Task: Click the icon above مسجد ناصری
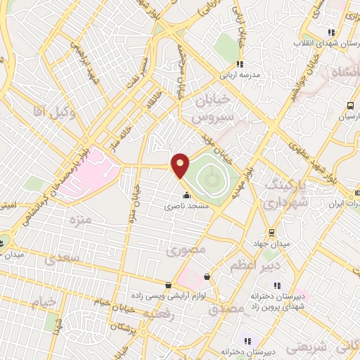(186, 195)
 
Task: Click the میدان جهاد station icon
(271, 233)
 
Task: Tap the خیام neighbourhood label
(41, 301)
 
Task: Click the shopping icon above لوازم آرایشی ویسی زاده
(167, 285)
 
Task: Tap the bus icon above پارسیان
(349, 106)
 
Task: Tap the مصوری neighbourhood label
(186, 250)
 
